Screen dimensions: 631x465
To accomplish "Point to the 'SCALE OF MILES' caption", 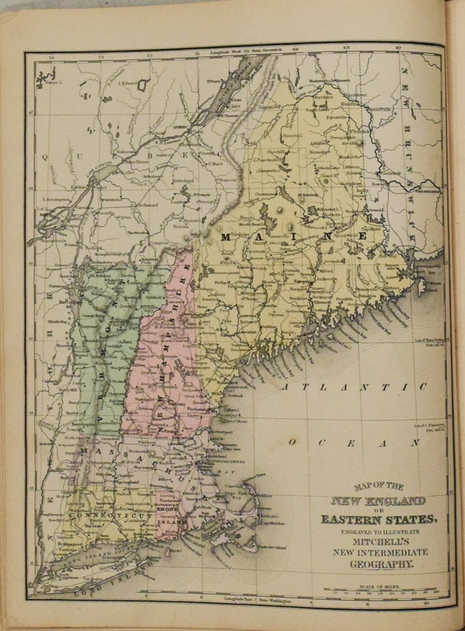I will point(381,587).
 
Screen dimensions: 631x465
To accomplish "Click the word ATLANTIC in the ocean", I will point(354,387).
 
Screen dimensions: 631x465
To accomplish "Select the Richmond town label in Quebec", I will point(147,204).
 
